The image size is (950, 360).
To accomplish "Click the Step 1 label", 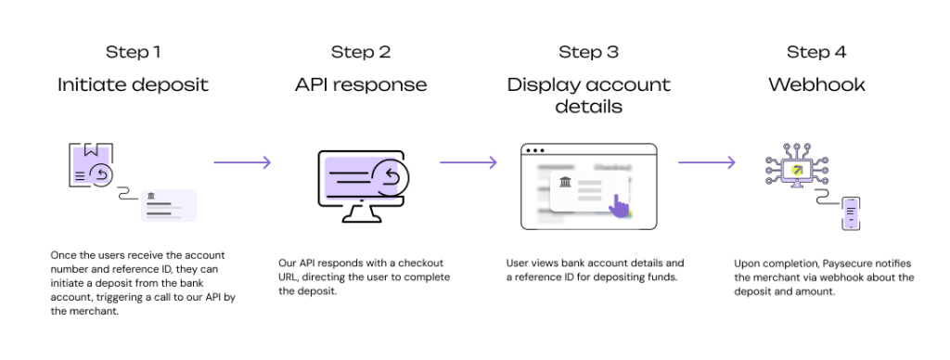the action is (133, 52).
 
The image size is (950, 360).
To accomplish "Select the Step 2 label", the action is (361, 52).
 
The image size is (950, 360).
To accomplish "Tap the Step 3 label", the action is (588, 52).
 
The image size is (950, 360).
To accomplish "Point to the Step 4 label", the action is (816, 52).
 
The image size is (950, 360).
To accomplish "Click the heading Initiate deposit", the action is (133, 84).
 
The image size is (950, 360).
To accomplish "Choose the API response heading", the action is (361, 84).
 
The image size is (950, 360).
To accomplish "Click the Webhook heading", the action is (816, 84).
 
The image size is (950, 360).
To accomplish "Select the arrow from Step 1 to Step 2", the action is (242, 162).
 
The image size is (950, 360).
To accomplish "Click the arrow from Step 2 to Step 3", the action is (469, 162).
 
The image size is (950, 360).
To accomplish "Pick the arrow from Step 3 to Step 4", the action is (706, 162).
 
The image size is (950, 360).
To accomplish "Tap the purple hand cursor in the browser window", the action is (619, 205).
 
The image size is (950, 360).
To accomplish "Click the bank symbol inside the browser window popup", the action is (565, 181).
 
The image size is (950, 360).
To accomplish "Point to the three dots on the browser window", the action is (535, 150).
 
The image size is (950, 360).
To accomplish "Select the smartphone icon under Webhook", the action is (851, 213).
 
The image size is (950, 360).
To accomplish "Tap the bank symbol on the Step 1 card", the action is (150, 196).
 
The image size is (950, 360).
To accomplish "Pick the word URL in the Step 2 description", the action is (289, 277).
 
